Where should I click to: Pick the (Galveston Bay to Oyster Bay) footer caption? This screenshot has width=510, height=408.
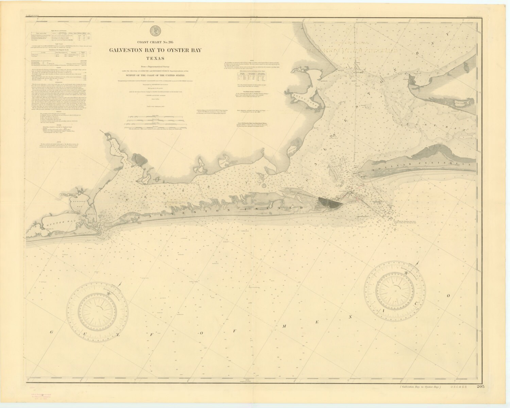(x=420, y=387)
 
